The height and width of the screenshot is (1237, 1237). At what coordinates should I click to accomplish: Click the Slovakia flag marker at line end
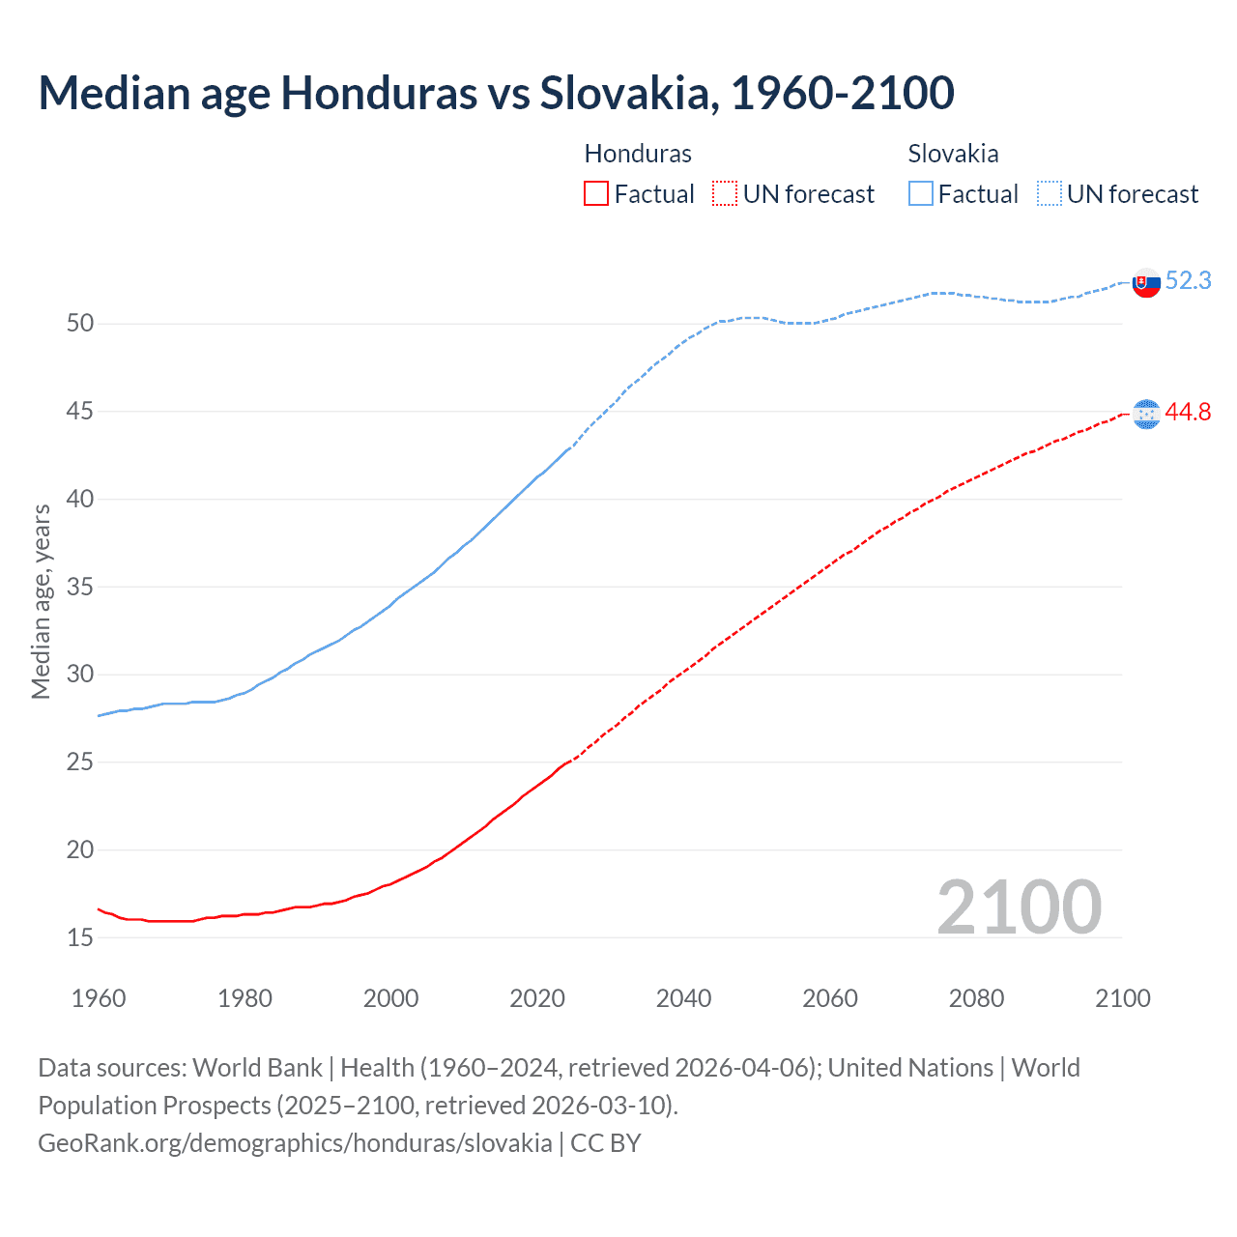[x=1146, y=283]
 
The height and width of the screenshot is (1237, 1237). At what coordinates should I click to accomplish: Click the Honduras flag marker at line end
[x=1146, y=414]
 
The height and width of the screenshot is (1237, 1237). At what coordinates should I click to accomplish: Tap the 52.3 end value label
[x=1188, y=280]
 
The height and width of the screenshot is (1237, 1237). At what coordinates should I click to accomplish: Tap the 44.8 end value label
[x=1188, y=412]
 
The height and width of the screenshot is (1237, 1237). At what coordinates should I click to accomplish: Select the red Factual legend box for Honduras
[x=596, y=194]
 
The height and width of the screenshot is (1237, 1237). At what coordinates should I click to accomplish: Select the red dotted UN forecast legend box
[x=725, y=194]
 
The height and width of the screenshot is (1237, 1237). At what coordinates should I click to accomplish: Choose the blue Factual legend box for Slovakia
[x=921, y=194]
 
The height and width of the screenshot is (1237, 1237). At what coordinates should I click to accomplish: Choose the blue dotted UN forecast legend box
[x=1049, y=194]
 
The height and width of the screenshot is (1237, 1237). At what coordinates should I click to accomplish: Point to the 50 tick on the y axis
[x=80, y=323]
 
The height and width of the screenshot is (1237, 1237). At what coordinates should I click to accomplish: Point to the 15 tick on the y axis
[x=80, y=937]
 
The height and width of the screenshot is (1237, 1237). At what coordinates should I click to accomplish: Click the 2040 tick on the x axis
[x=683, y=998]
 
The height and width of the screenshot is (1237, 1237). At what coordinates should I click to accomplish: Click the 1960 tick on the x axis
[x=99, y=998]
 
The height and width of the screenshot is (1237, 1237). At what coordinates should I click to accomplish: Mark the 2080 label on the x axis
[x=976, y=998]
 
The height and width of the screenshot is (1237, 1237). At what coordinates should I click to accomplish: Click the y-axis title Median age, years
[x=41, y=601]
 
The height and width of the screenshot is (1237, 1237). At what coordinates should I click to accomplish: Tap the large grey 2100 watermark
[x=1019, y=906]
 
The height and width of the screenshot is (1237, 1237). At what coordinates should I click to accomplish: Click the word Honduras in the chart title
[x=378, y=93]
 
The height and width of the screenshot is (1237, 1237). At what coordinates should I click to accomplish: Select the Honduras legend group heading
[x=638, y=154]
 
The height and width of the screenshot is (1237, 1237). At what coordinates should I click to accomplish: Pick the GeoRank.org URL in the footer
[x=295, y=1143]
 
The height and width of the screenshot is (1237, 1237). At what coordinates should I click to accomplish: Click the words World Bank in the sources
[x=257, y=1068]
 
